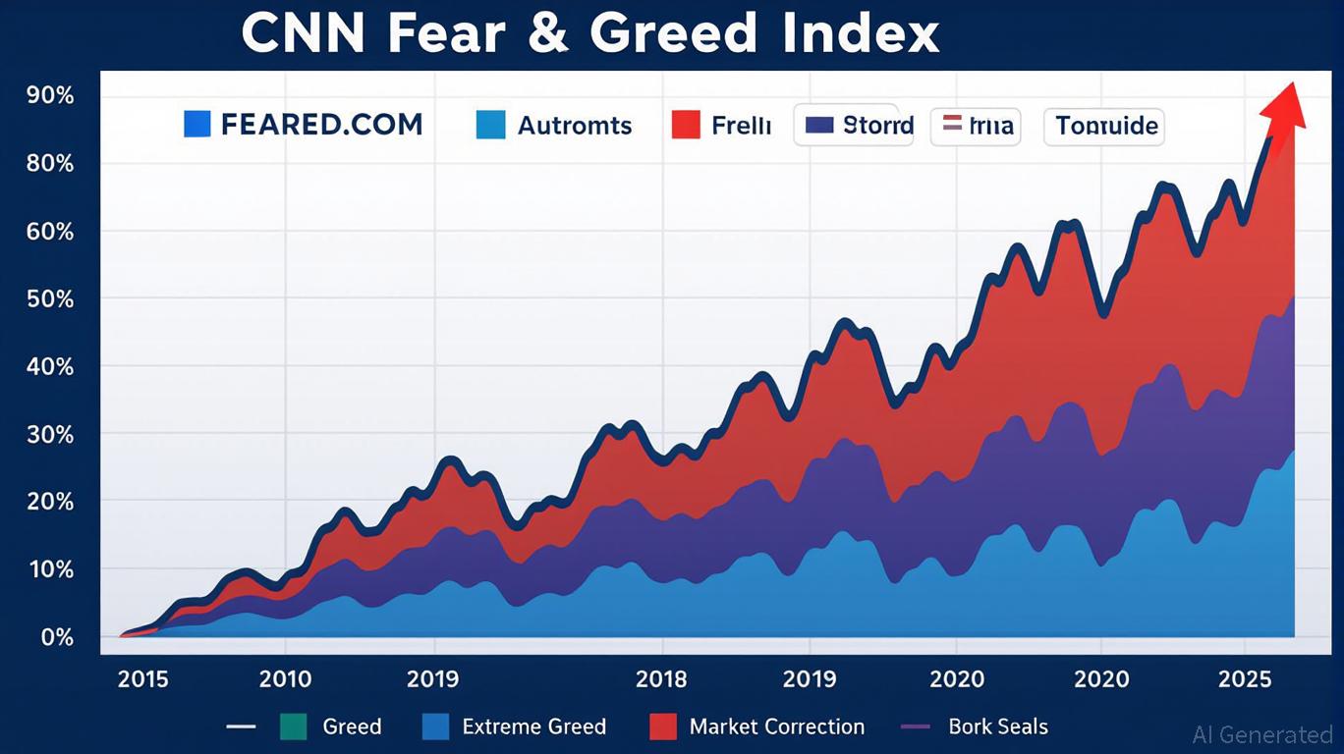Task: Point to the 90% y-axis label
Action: (x=52, y=95)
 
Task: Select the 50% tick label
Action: (x=52, y=298)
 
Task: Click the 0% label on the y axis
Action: (x=57, y=637)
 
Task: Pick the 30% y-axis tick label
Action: (x=52, y=434)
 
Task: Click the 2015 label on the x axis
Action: (x=142, y=678)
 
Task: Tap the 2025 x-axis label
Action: (x=1244, y=678)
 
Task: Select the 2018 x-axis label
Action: (x=661, y=678)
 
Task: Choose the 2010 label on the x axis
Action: (x=285, y=678)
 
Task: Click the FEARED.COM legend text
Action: (x=321, y=125)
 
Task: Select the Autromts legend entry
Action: (x=574, y=126)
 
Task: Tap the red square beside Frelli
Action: (x=685, y=125)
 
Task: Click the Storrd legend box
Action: (x=854, y=126)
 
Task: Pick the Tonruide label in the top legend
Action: (x=1105, y=126)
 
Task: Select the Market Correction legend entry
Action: (x=776, y=727)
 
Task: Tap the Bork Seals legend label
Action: (x=997, y=727)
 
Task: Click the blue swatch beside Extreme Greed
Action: (x=435, y=727)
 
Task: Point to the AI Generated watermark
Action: (x=1261, y=733)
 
